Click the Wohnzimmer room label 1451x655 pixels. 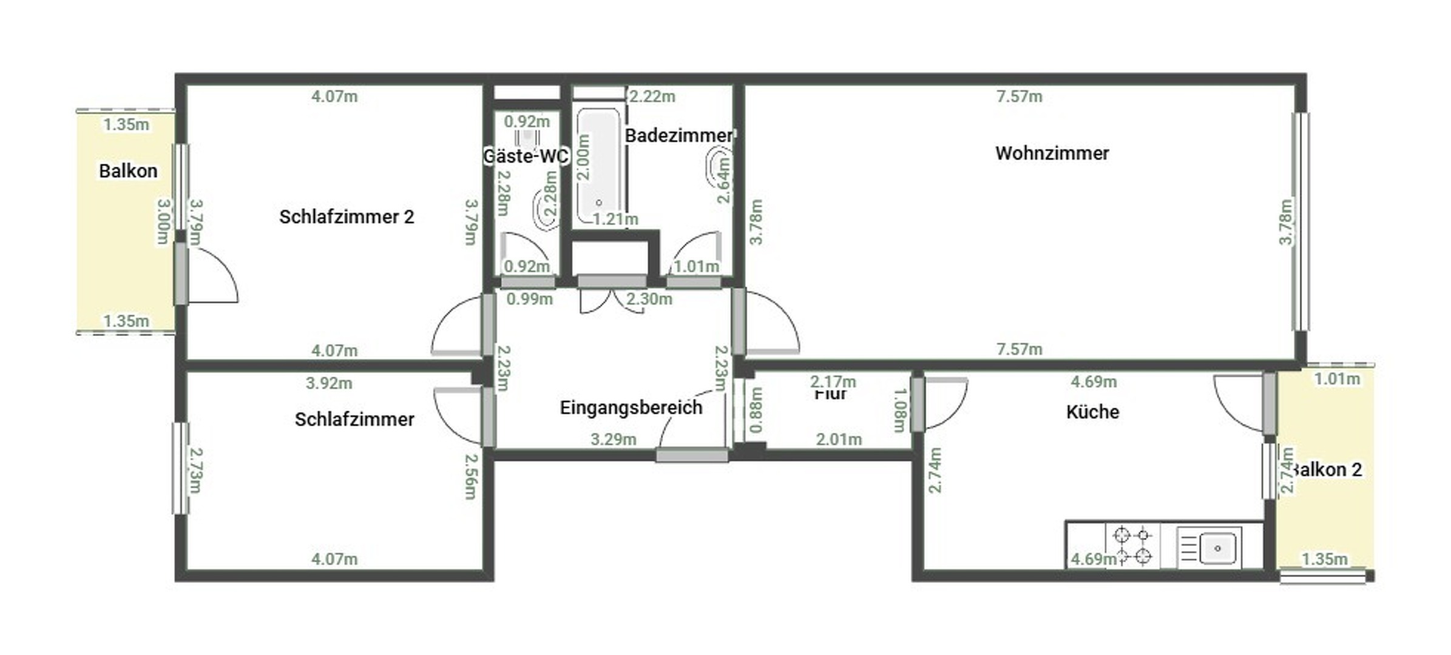tap(1052, 153)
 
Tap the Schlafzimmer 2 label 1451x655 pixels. tap(346, 217)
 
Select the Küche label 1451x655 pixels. tap(1092, 412)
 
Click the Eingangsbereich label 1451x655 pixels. tap(631, 408)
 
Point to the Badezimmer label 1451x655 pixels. tap(678, 135)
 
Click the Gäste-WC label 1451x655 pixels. tap(526, 156)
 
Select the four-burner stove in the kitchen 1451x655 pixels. tap(1132, 545)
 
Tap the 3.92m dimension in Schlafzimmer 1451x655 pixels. tap(328, 383)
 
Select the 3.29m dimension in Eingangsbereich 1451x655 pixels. tap(613, 439)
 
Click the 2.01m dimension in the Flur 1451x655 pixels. tap(838, 439)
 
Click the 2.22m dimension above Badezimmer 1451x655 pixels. tap(652, 96)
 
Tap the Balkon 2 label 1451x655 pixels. tap(1329, 469)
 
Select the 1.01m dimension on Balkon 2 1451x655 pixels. tap(1336, 379)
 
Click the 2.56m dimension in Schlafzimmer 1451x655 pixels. tap(471, 477)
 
